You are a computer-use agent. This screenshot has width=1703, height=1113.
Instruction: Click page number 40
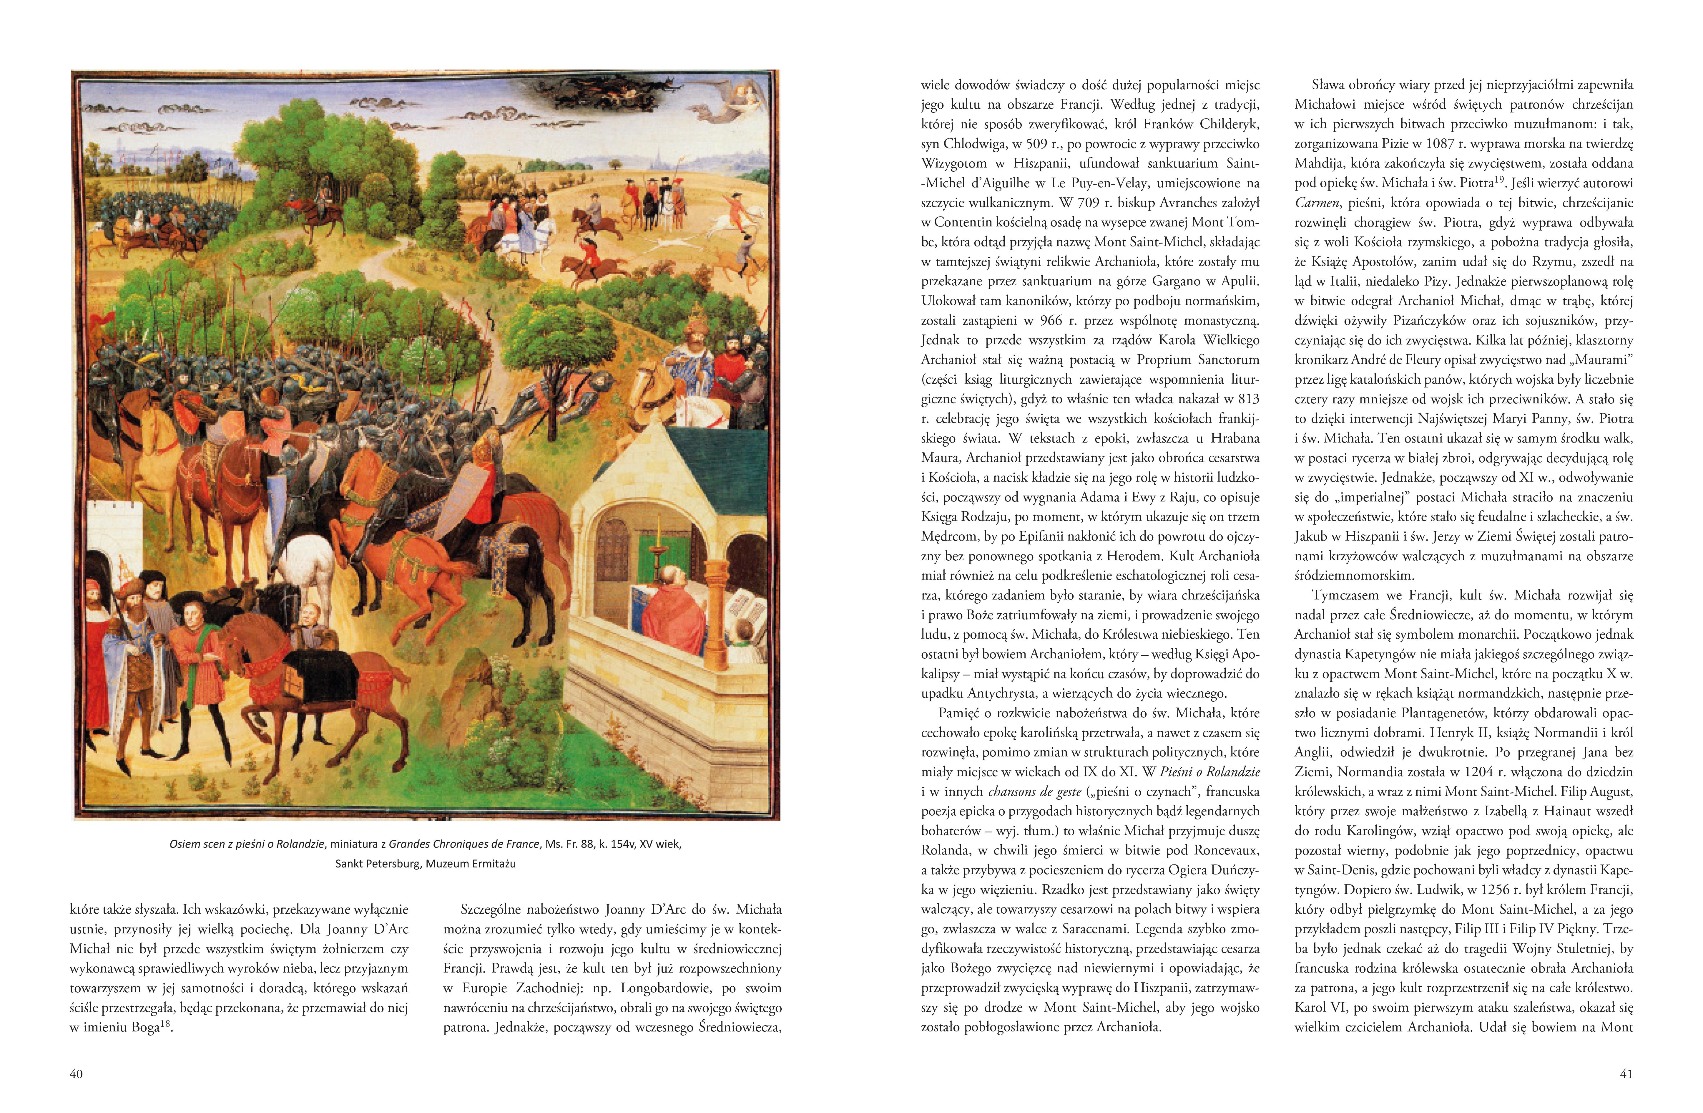point(77,1074)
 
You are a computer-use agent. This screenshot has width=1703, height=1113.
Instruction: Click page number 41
point(1626,1074)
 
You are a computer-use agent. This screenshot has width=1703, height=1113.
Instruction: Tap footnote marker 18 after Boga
point(167,1025)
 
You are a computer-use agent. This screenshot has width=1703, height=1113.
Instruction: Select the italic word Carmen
point(1316,203)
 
